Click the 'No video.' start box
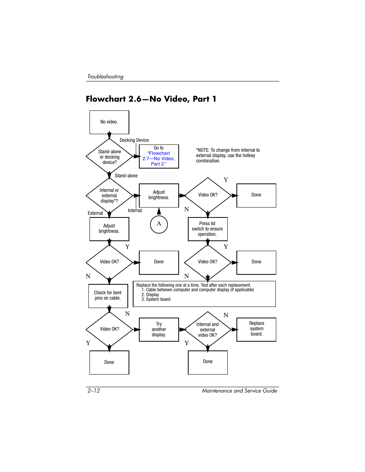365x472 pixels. [109, 122]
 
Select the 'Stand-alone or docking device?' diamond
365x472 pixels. [109, 156]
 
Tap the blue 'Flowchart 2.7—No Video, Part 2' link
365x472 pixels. [159, 159]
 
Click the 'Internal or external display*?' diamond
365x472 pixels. [109, 196]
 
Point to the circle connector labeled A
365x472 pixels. [159, 224]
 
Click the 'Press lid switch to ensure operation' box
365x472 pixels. [208, 229]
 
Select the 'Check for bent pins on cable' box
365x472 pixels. [108, 296]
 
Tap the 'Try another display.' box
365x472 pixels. [159, 329]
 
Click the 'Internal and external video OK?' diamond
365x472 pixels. [208, 329]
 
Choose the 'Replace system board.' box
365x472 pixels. [256, 329]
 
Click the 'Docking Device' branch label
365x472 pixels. [134, 140]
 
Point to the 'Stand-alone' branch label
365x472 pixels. [126, 175]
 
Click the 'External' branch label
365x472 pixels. [95, 213]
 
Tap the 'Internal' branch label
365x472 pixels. [135, 210]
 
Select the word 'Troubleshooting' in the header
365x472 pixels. [105, 76]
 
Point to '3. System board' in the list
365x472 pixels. [156, 299]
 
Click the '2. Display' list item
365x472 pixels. [150, 295]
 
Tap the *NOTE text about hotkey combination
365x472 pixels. [228, 155]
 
